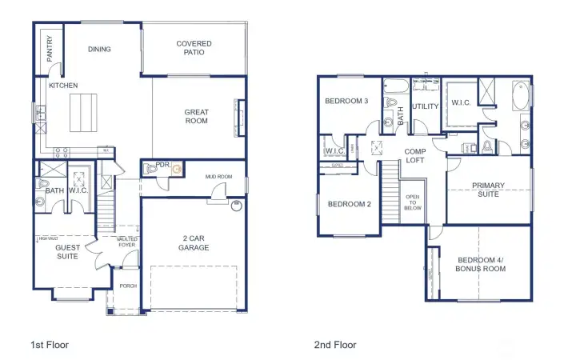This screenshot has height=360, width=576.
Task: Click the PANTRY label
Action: pyautogui.click(x=49, y=51)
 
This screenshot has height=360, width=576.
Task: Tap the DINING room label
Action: pyautogui.click(x=99, y=49)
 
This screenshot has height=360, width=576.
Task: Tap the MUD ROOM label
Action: pyautogui.click(x=218, y=176)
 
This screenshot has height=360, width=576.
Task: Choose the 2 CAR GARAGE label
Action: pyautogui.click(x=194, y=242)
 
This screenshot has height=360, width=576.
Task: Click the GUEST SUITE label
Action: pyautogui.click(x=67, y=252)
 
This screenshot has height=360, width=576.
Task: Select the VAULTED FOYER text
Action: pyautogui.click(x=126, y=242)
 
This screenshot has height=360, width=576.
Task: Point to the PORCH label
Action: pyautogui.click(x=127, y=285)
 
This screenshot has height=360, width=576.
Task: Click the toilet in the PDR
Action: pyautogui.click(x=151, y=170)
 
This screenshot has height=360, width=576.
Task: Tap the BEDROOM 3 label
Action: pyautogui.click(x=346, y=102)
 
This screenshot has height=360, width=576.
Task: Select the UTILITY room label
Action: pyautogui.click(x=425, y=106)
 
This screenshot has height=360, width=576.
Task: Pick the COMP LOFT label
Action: pyautogui.click(x=414, y=155)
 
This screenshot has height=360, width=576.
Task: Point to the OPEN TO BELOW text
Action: pyautogui.click(x=413, y=203)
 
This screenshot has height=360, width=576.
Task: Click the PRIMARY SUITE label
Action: pyautogui.click(x=487, y=189)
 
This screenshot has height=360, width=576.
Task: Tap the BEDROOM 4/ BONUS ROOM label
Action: pyautogui.click(x=482, y=264)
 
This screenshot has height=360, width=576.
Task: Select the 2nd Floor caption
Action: pyautogui.click(x=334, y=345)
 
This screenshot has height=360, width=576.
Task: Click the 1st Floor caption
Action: pyautogui.click(x=50, y=345)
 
